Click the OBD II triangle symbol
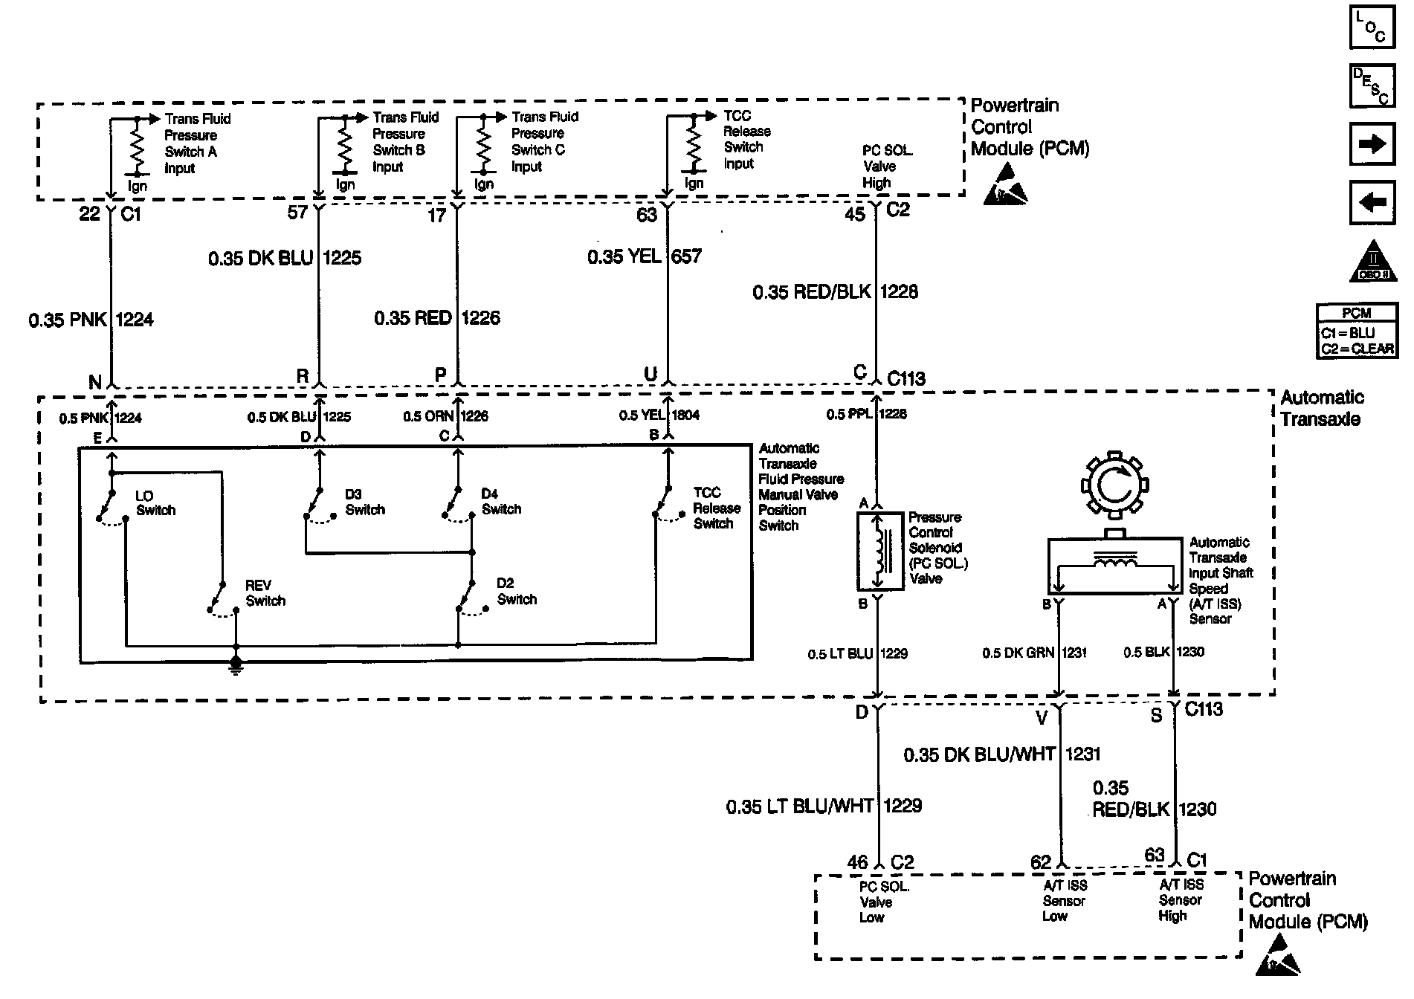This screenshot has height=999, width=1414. click(x=1373, y=262)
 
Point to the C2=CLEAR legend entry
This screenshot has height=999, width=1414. click(x=1356, y=349)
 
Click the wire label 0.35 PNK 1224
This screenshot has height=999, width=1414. click(x=91, y=320)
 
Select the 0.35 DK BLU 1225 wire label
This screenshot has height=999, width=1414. click(x=284, y=259)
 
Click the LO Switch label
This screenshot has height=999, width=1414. click(x=155, y=503)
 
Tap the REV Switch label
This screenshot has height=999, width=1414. click(x=265, y=593)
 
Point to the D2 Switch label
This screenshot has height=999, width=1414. click(x=516, y=592)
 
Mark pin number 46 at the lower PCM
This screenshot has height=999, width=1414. click(x=857, y=862)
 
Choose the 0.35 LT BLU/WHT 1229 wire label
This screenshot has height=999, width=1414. click(x=824, y=806)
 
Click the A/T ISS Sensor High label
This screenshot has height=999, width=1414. click(x=1180, y=900)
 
